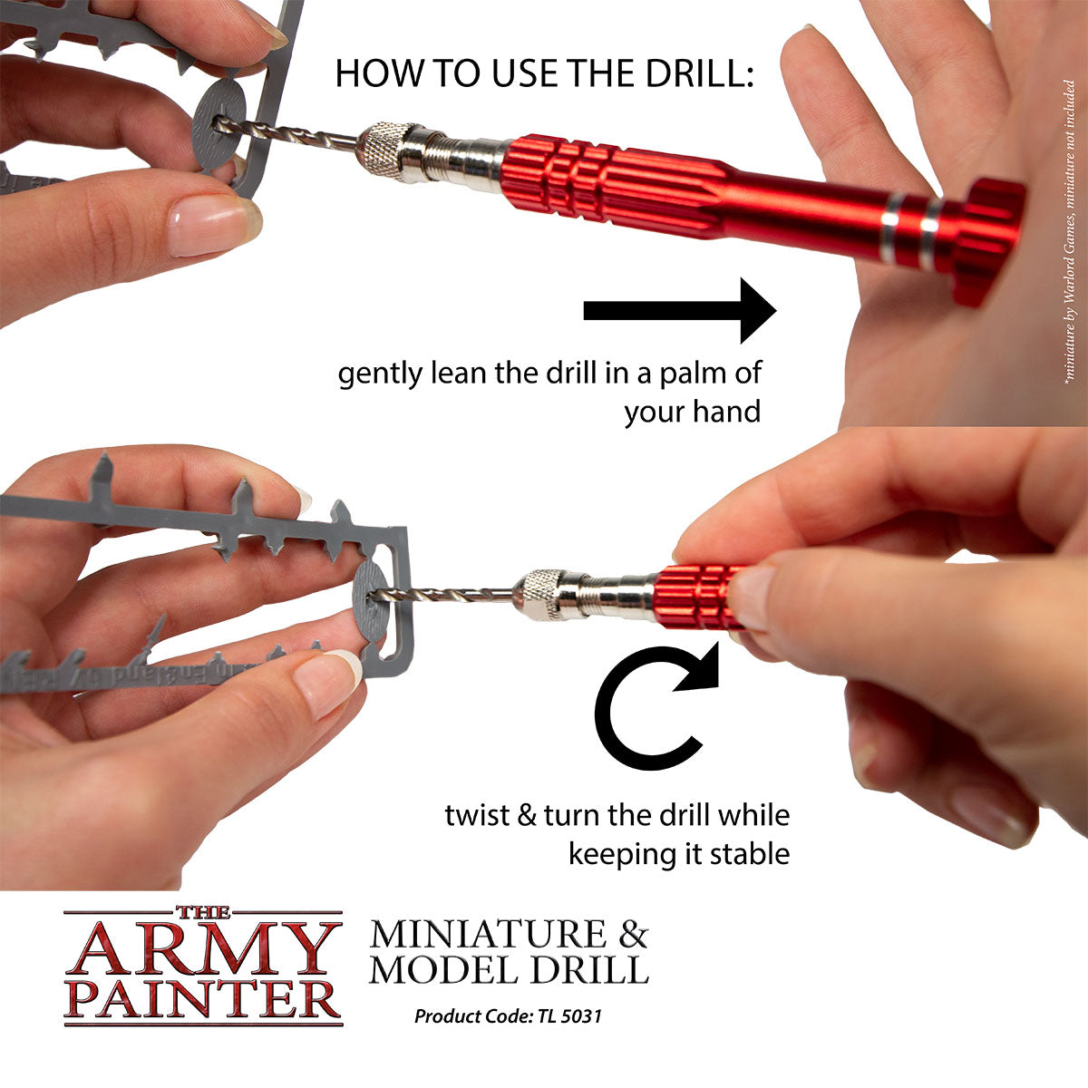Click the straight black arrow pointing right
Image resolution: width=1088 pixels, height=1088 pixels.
click(x=680, y=311)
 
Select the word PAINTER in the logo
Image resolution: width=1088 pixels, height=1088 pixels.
click(x=203, y=999)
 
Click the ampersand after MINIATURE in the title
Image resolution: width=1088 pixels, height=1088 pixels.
click(x=630, y=933)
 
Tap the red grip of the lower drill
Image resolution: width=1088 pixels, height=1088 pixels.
click(x=698, y=595)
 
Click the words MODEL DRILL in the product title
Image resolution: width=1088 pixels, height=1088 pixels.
click(x=510, y=970)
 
